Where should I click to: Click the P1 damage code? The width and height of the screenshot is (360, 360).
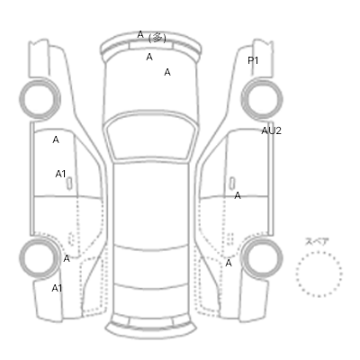pyautogui.click(x=253, y=60)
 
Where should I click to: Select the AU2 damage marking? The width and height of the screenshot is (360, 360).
pyautogui.click(x=271, y=130)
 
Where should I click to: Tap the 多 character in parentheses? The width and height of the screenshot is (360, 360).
pyautogui.click(x=157, y=38)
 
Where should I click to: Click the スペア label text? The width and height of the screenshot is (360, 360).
pyautogui.click(x=317, y=241)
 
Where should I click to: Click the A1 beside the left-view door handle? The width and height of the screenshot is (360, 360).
pyautogui.click(x=60, y=174)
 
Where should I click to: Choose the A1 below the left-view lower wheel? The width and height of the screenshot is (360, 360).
pyautogui.click(x=57, y=288)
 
